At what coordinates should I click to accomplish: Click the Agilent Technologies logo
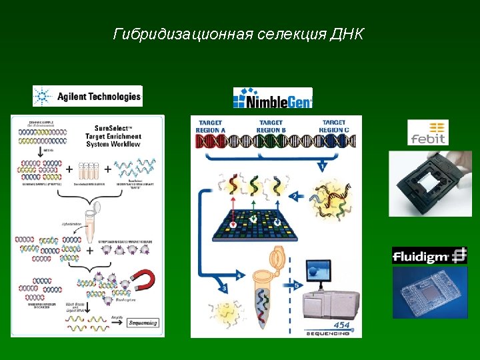tap(87, 96)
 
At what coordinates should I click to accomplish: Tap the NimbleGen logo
tap(273, 99)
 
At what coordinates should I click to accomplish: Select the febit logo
tap(428, 133)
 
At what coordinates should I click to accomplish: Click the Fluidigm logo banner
tap(429, 256)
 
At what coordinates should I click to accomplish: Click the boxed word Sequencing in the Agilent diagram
tap(143, 323)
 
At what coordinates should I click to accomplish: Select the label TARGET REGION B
tap(271, 126)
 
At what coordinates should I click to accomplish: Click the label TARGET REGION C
tap(333, 126)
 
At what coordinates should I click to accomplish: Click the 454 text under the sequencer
tap(342, 325)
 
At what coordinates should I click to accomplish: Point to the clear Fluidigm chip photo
tap(429, 293)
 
